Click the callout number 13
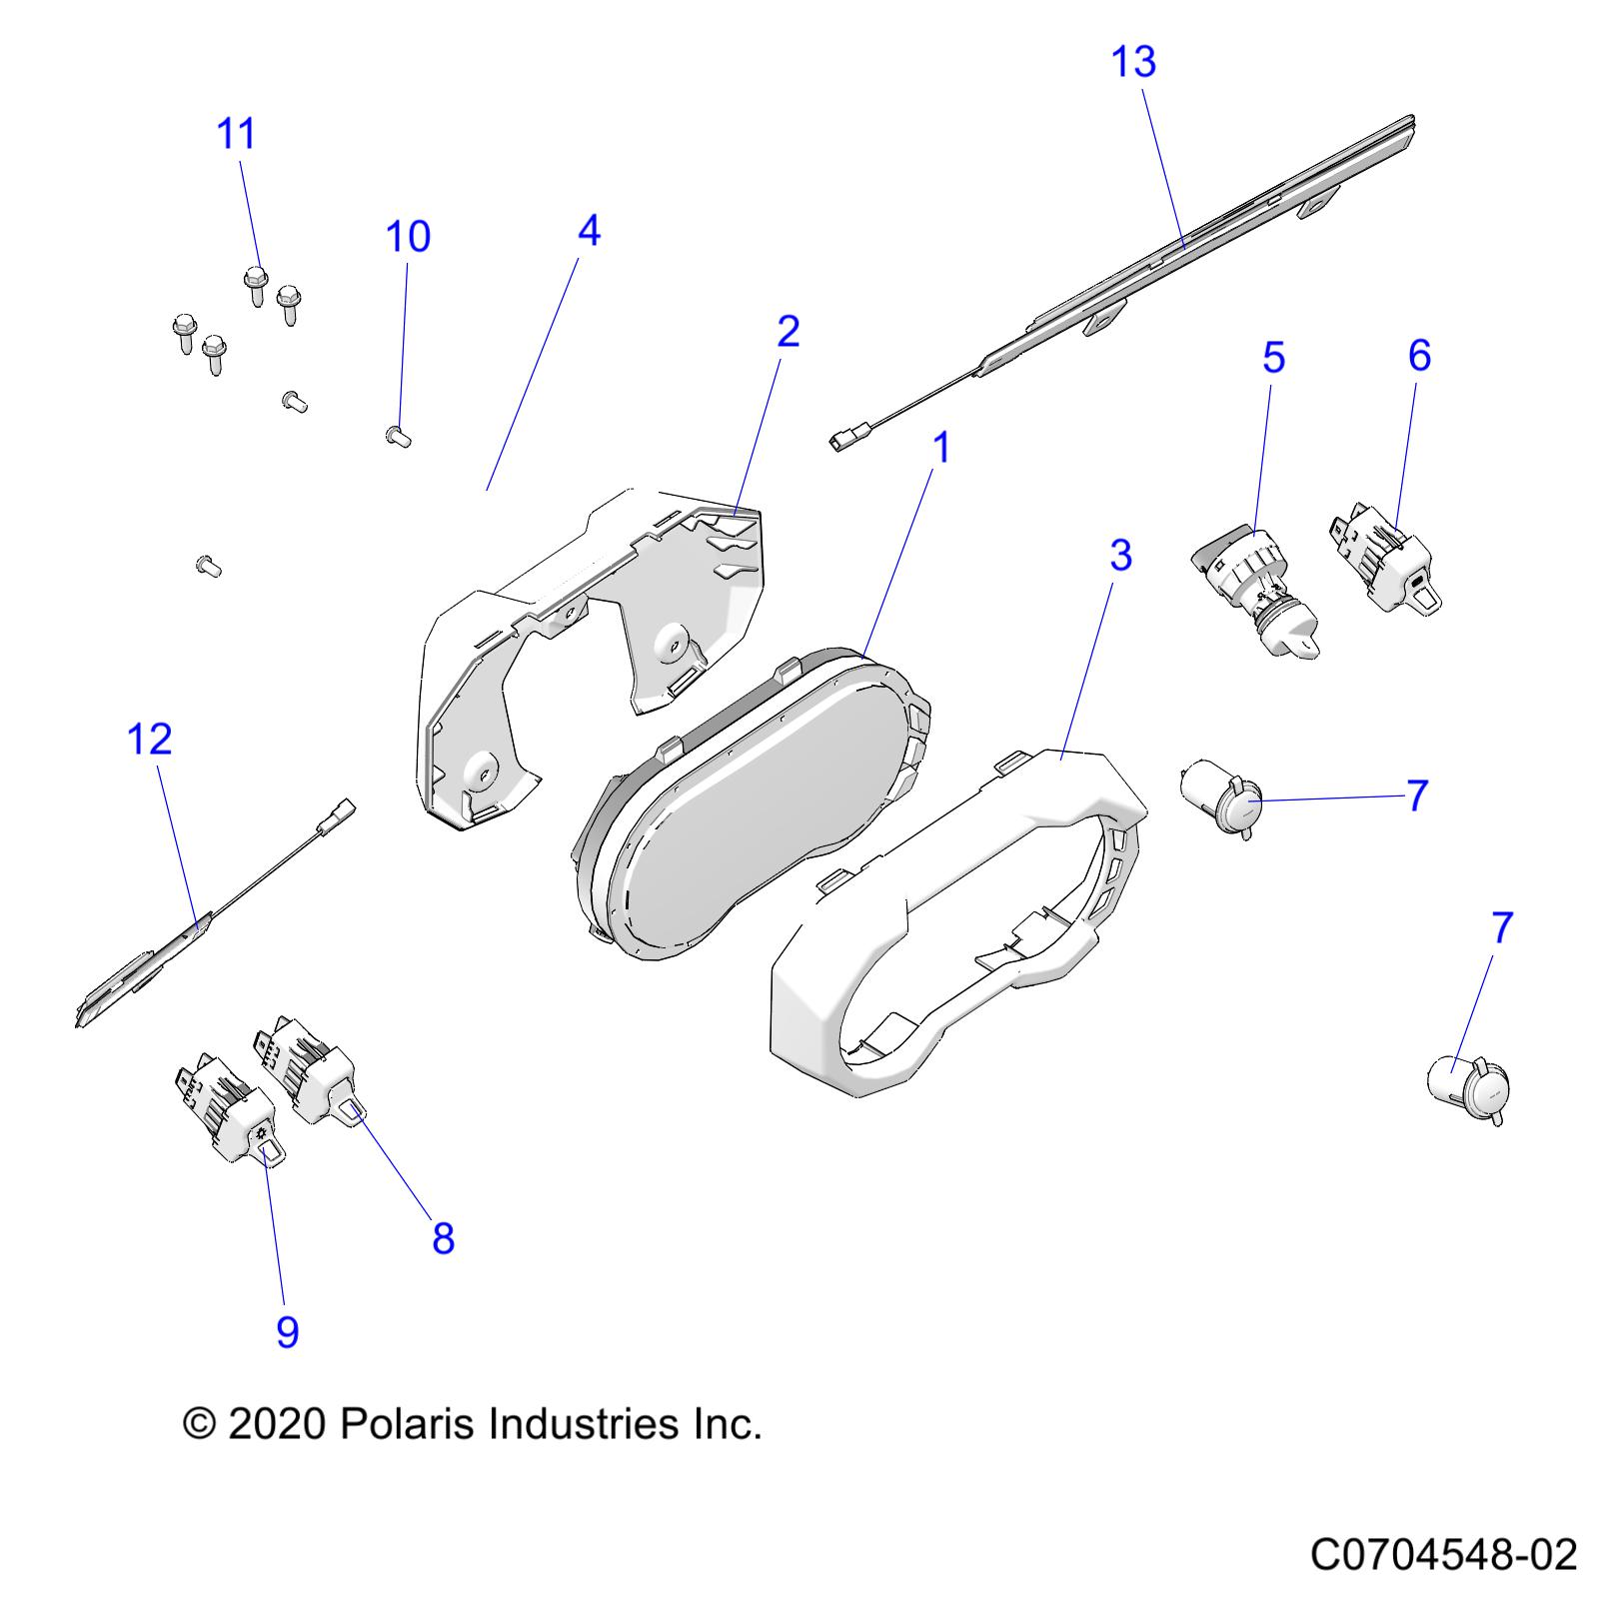[1133, 62]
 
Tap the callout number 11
[237, 134]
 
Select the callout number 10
[408, 237]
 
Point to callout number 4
[589, 231]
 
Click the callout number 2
[788, 332]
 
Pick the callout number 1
[940, 449]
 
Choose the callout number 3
[1120, 556]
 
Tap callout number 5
[1273, 358]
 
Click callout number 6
[1419, 356]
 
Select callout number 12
[150, 740]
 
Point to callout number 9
[287, 1331]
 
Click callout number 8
[443, 1239]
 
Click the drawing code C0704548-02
[1443, 1556]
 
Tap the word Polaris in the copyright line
[404, 1423]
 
